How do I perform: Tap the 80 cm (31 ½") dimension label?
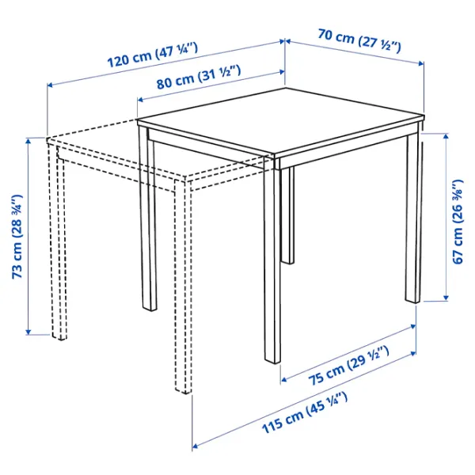(199, 78)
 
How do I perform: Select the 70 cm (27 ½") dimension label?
(359, 40)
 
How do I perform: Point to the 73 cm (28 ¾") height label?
(17, 237)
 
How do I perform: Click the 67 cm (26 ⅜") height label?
(458, 222)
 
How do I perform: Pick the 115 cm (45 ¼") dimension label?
(305, 412)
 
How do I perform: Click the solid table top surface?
(281, 121)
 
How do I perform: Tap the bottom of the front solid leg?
(272, 360)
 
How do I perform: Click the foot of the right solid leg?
(412, 300)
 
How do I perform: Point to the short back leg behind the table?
(287, 215)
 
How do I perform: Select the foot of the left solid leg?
(150, 308)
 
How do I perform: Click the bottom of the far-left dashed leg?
(59, 337)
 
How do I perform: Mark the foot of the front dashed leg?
(184, 390)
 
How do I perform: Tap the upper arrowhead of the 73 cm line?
(28, 141)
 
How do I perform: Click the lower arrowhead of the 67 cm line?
(446, 298)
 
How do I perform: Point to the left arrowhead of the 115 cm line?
(196, 446)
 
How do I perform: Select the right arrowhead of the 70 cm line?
(421, 63)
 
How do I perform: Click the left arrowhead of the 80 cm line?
(141, 100)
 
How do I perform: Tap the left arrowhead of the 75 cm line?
(284, 379)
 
